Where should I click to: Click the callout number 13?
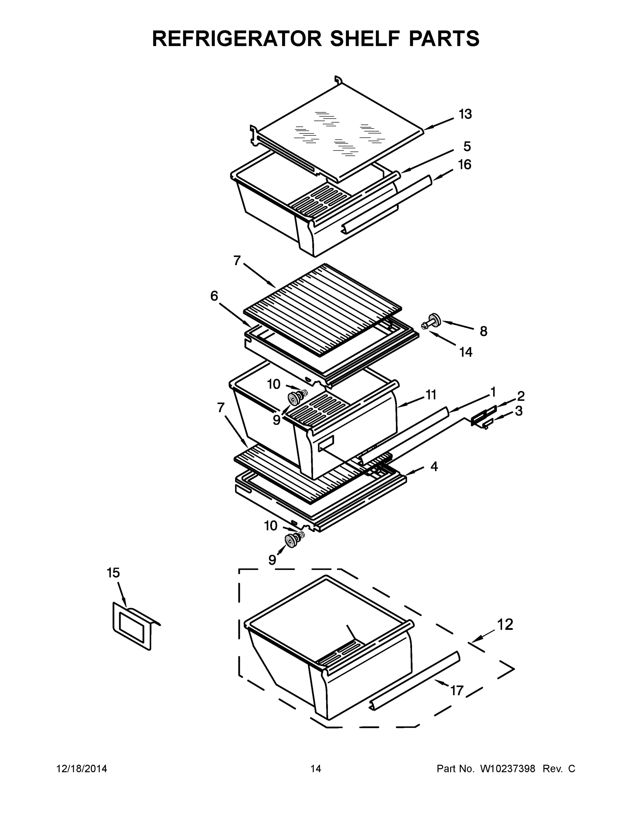[465, 114]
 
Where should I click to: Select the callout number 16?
[465, 165]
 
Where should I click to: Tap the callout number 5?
[467, 147]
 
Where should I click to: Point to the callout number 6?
[214, 296]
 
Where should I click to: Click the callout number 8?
[483, 331]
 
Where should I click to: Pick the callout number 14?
[466, 352]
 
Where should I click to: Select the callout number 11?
[431, 395]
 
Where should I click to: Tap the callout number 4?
[434, 466]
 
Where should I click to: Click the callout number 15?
[113, 573]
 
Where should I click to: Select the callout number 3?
[518, 411]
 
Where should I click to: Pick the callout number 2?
[521, 396]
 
